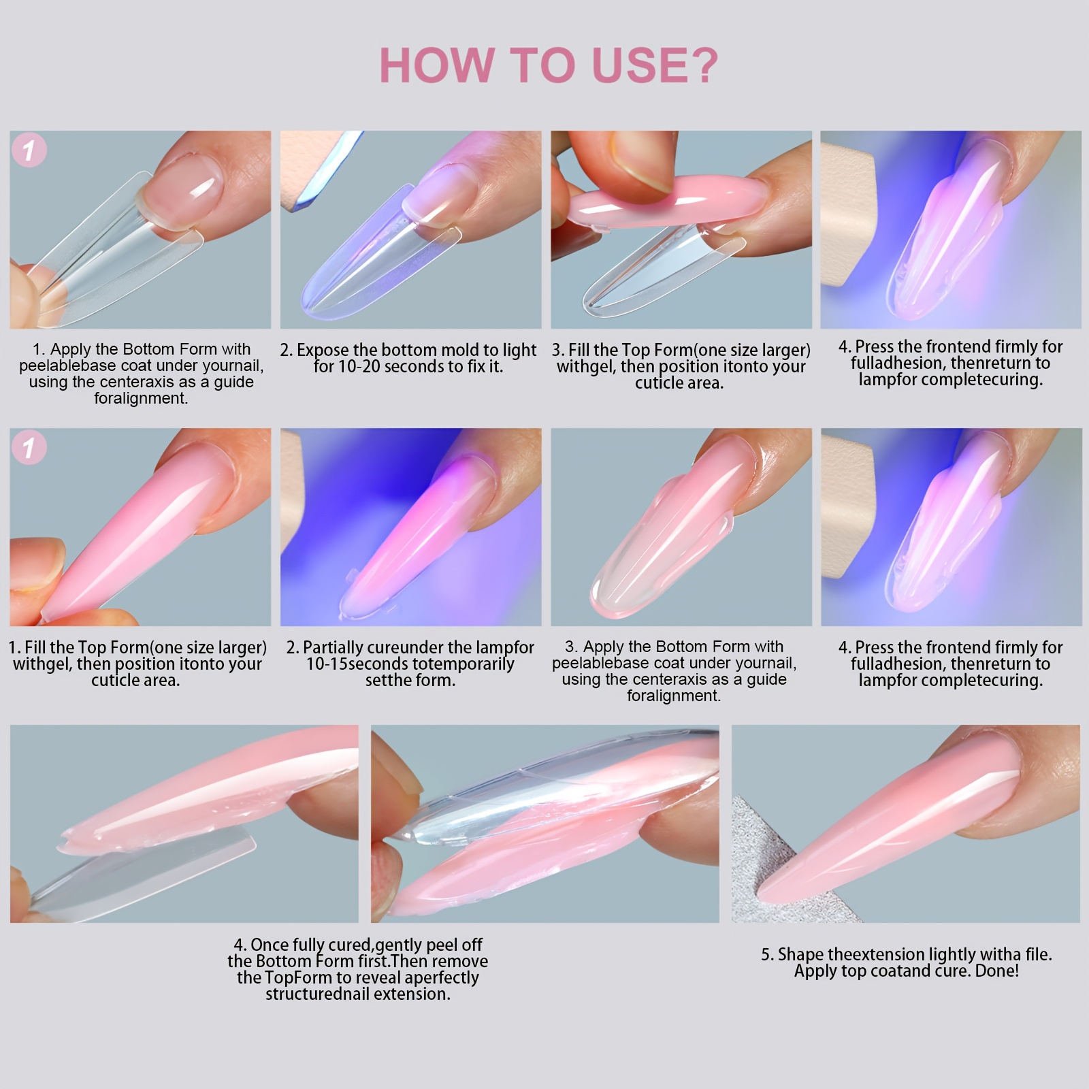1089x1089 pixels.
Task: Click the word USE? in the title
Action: pos(655,65)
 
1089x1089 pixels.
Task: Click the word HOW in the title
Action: pos(437,65)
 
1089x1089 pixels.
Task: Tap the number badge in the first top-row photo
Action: pos(29,150)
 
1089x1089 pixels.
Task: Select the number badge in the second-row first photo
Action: pos(29,447)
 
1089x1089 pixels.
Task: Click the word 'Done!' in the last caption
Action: pos(997,971)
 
